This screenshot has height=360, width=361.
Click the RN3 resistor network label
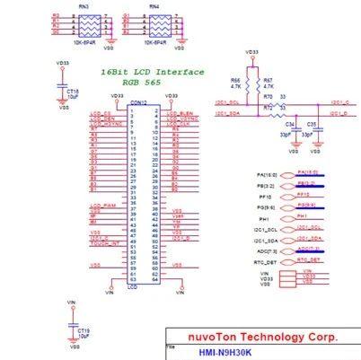84,6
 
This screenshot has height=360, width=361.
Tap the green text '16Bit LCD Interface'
152,72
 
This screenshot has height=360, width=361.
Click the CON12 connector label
137,102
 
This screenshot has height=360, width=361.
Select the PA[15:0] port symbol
308,172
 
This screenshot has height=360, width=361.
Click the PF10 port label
265,195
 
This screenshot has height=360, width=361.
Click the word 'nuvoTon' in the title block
213,338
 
